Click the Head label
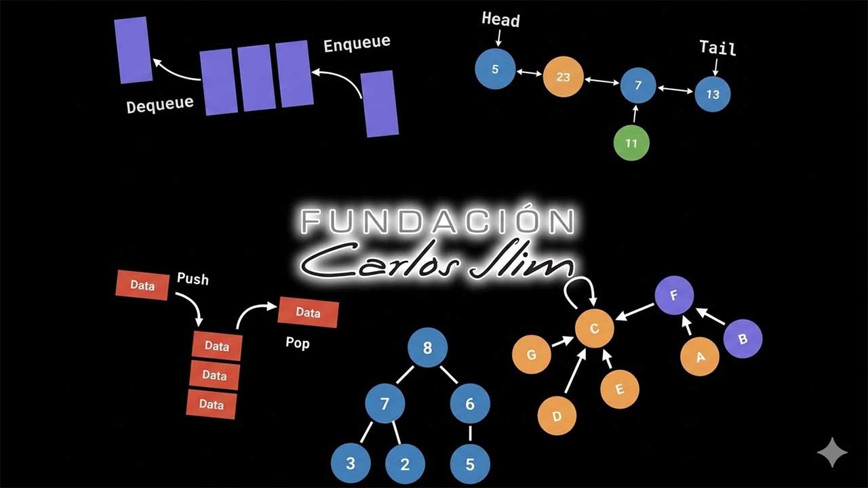[x=500, y=20]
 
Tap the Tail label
[x=717, y=48]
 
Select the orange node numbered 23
[x=563, y=77]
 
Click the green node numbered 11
[x=631, y=143]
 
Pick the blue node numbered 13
[x=713, y=94]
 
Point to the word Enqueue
[x=357, y=44]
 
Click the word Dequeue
[x=160, y=104]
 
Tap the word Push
[x=193, y=279]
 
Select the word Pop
[x=298, y=343]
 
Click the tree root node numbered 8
[x=427, y=349]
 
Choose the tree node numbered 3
[x=351, y=464]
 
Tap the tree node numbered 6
[x=470, y=404]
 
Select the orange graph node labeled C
[x=595, y=329]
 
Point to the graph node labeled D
[x=557, y=415]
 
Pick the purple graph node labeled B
[x=743, y=339]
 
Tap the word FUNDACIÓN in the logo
[x=438, y=222]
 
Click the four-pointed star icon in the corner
[x=832, y=452]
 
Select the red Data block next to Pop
[x=308, y=312]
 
